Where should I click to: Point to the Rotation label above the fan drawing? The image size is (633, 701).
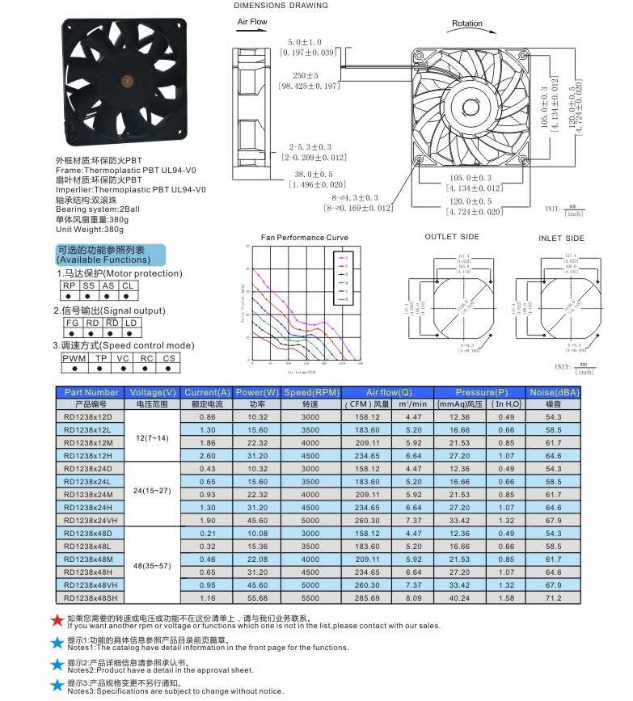click(466, 24)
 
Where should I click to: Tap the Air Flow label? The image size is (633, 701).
click(252, 22)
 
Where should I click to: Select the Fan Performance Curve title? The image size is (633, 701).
click(304, 238)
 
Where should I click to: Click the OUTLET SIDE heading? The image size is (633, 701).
click(452, 237)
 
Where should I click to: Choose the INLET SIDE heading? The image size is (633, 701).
click(561, 239)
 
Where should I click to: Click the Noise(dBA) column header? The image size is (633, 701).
click(554, 392)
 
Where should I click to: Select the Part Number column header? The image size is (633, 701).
click(91, 392)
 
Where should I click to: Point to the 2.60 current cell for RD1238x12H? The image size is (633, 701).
click(207, 455)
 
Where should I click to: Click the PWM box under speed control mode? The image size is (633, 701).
click(74, 357)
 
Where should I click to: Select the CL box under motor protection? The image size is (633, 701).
click(128, 286)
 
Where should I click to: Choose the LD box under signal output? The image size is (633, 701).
click(130, 323)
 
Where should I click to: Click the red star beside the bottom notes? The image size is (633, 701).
click(57, 620)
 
